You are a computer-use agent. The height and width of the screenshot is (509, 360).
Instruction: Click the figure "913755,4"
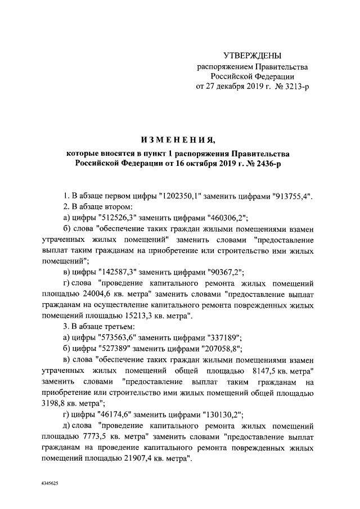(x=291, y=196)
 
